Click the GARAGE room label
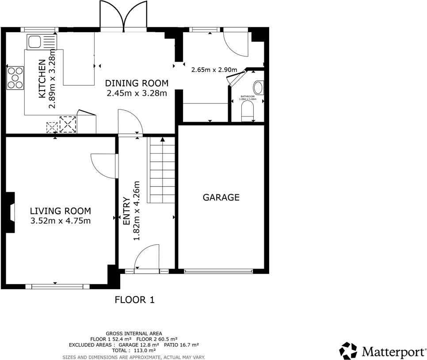point(221,197)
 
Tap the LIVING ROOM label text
point(61,211)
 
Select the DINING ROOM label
point(137,83)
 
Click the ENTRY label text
point(127,211)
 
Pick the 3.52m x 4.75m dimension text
point(61,221)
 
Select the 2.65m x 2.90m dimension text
point(214,70)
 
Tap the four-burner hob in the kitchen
point(15,78)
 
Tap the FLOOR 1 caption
point(134,300)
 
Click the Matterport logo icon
point(348,351)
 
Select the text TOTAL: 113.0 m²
point(133,351)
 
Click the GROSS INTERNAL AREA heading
point(133,333)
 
